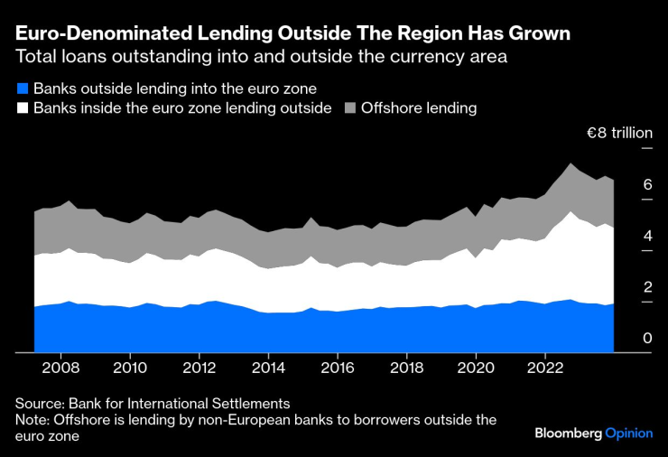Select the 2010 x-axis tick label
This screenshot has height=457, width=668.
coord(130,368)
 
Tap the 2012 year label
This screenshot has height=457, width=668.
coord(199,368)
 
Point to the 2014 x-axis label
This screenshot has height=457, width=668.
coord(269,368)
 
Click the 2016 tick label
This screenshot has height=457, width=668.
coord(338,368)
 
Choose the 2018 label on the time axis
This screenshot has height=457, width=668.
coord(407,368)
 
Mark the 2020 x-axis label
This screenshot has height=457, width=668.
coord(477,368)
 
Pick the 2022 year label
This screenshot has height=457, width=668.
coord(545,368)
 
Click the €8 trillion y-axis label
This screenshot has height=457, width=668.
coord(619,133)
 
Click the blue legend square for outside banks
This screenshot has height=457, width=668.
coord(22,89)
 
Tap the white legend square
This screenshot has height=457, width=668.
coord(22,108)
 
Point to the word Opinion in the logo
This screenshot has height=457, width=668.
coord(629,434)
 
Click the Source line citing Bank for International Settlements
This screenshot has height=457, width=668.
coord(153,403)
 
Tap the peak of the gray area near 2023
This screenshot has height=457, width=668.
coord(571,163)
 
